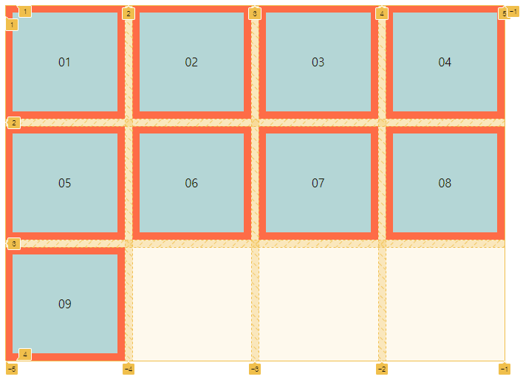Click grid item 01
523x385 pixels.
point(65,62)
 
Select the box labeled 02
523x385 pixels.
point(191,62)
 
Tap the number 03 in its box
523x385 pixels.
point(318,62)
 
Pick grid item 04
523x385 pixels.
point(445,62)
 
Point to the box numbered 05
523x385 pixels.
point(65,183)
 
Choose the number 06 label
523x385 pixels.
point(191,183)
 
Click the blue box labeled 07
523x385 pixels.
point(318,183)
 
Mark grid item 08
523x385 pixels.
point(445,183)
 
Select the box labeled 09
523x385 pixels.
point(65,304)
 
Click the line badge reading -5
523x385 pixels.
point(11,369)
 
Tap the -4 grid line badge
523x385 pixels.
point(129,369)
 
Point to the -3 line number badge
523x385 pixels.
point(255,369)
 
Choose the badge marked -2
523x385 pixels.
point(382,369)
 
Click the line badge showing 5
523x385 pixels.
point(504,13)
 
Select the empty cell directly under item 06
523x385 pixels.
point(191,304)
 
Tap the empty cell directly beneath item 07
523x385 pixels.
point(318,304)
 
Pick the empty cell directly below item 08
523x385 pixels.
point(445,304)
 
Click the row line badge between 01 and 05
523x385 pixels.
point(14,122)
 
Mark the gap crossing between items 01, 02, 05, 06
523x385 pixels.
point(129,122)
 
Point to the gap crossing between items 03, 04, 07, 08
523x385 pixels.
point(382,122)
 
